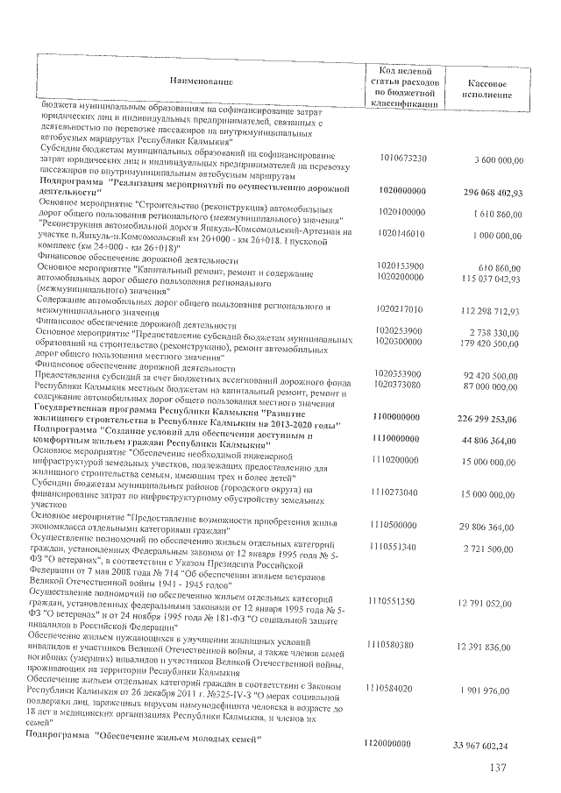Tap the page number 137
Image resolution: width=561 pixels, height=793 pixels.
(501, 770)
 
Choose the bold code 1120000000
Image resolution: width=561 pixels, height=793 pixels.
(387, 744)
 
